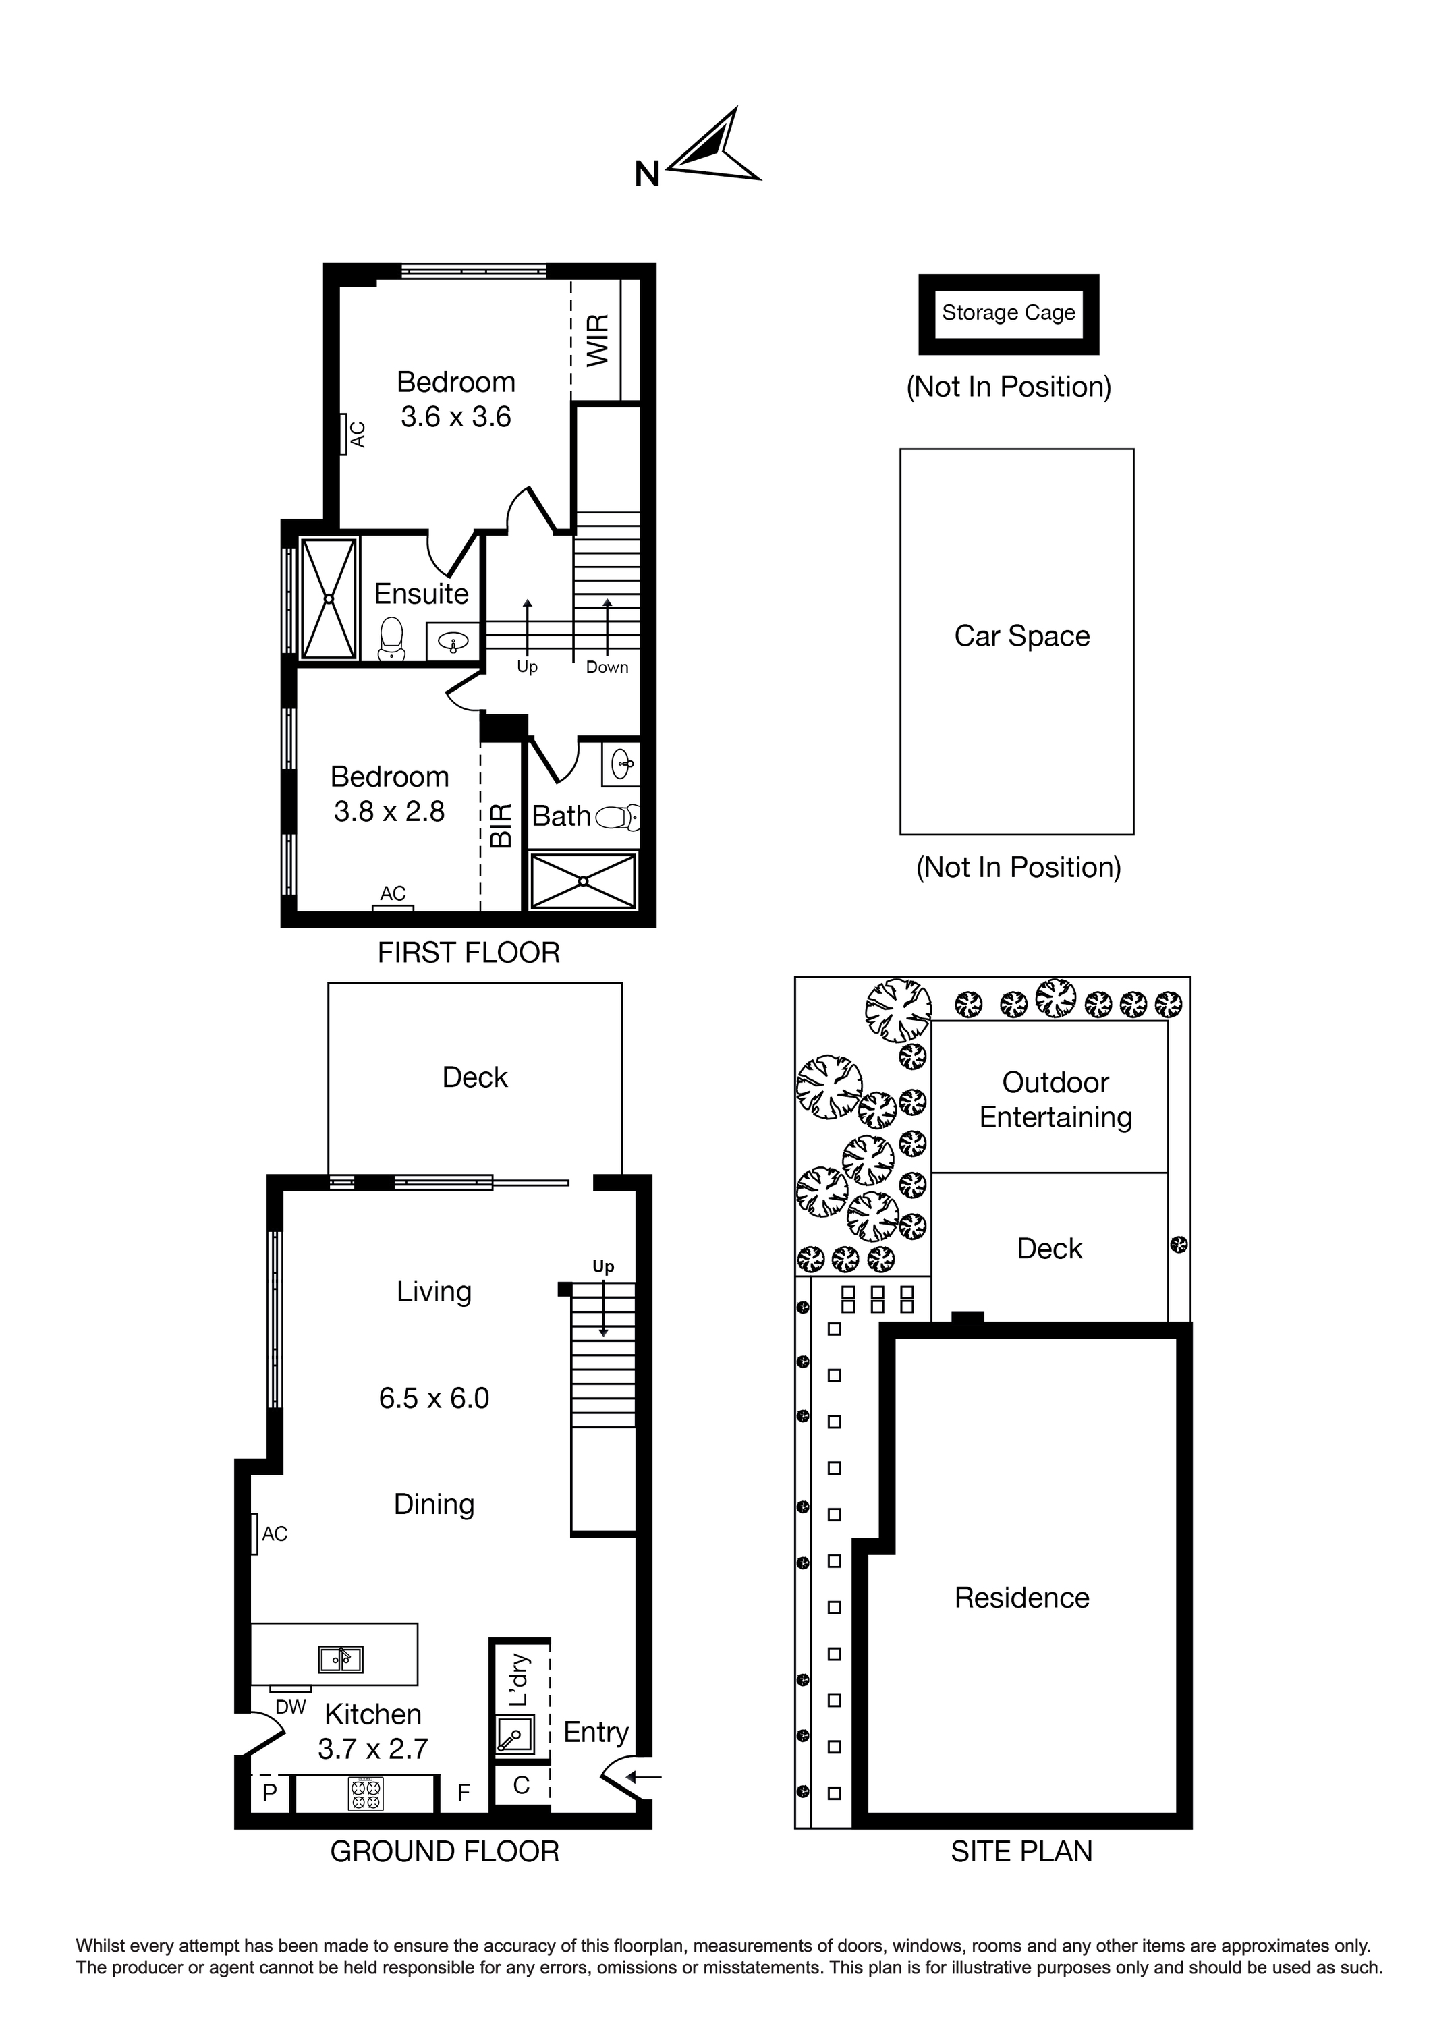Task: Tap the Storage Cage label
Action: point(1009,313)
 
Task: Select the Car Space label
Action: point(1022,636)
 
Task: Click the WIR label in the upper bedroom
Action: point(598,340)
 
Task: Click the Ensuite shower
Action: point(329,598)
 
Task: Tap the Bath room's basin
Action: point(621,764)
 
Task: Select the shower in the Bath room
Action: point(583,880)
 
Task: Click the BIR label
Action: point(501,825)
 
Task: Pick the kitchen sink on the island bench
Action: point(340,1659)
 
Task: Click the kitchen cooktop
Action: point(366,1794)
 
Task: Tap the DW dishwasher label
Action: point(290,1707)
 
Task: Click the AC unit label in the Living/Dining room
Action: point(274,1534)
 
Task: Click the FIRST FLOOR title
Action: point(468,952)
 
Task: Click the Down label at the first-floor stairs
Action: point(607,667)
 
